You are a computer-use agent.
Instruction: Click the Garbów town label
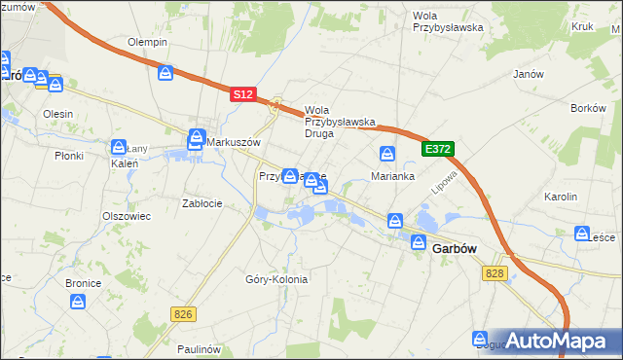tap(453, 248)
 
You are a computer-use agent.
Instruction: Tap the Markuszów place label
tap(233, 142)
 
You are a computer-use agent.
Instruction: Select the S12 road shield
tap(243, 94)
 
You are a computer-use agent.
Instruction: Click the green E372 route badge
tap(438, 148)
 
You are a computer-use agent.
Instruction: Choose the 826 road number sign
tap(181, 313)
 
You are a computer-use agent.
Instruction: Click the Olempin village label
tap(148, 43)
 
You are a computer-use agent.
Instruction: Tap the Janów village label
tap(527, 74)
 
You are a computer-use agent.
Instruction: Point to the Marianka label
tap(393, 177)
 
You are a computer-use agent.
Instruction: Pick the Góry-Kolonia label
tap(276, 279)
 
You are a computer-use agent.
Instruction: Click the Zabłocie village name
tap(202, 203)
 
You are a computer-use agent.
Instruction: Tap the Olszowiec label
tap(127, 216)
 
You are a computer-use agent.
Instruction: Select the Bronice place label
tap(84, 282)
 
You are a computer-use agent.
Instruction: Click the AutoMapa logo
tap(551, 341)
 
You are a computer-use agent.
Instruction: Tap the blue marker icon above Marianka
tap(387, 154)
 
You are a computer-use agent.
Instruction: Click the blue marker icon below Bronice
tap(80, 305)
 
